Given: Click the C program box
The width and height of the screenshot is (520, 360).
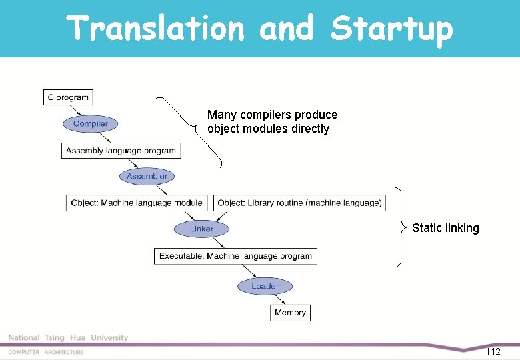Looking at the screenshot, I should pyautogui.click(x=67, y=97).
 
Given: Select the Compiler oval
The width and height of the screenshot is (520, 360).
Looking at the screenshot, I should pyautogui.click(x=91, y=124).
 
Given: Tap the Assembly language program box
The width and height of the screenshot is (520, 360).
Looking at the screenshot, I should pyautogui.click(x=121, y=151).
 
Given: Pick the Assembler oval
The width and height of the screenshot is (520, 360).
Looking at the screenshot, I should pyautogui.click(x=147, y=177).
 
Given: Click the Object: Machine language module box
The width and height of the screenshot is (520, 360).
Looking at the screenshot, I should pyautogui.click(x=137, y=203).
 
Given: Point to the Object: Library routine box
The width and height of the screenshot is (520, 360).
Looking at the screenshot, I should pyautogui.click(x=299, y=203).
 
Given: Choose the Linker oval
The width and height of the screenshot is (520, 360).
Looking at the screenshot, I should pyautogui.click(x=201, y=229).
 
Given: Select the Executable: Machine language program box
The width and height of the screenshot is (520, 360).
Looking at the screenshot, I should pyautogui.click(x=235, y=256).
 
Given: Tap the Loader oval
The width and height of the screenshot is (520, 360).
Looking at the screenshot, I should pyautogui.click(x=265, y=286).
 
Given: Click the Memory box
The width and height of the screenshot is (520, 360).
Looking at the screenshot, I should pyautogui.click(x=290, y=313).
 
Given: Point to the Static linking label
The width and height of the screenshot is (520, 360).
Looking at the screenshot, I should pyautogui.click(x=445, y=228).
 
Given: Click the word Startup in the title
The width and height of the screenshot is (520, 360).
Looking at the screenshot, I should pyautogui.click(x=391, y=29).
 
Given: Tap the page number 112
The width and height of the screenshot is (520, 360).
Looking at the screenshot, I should pyautogui.click(x=493, y=351).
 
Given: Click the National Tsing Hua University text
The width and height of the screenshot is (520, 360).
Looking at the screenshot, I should pyautogui.click(x=68, y=338).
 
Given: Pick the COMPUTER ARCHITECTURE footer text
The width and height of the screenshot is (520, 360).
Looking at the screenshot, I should pyautogui.click(x=46, y=352).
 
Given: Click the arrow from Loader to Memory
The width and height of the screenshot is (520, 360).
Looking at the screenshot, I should pyautogui.click(x=279, y=299).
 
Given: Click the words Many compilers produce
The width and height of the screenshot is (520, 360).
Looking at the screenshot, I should pyautogui.click(x=272, y=115).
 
